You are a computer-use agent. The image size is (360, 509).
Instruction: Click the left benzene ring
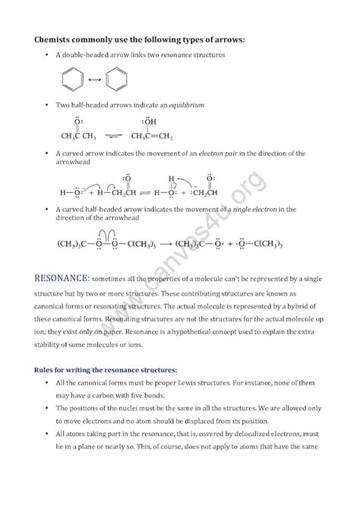pyautogui.click(x=74, y=80)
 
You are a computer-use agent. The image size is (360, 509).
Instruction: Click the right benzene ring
pyautogui.click(x=118, y=80)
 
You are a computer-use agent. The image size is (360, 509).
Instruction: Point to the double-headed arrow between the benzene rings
pyautogui.click(x=96, y=80)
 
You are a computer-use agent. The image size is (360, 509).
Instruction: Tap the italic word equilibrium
pyautogui.click(x=189, y=104)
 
